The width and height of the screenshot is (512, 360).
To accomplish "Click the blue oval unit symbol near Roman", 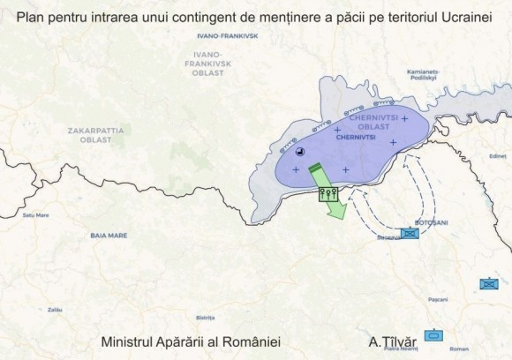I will coord(433,336).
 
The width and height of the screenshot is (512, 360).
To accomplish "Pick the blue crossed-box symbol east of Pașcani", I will coord(488,284).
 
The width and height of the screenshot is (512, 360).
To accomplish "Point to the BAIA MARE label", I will coord(107,236).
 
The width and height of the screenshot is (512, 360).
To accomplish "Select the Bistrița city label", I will coord(206,317).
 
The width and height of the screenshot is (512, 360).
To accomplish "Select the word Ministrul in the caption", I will coord(128,339).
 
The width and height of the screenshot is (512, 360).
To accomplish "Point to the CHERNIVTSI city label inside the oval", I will coord(356,138).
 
